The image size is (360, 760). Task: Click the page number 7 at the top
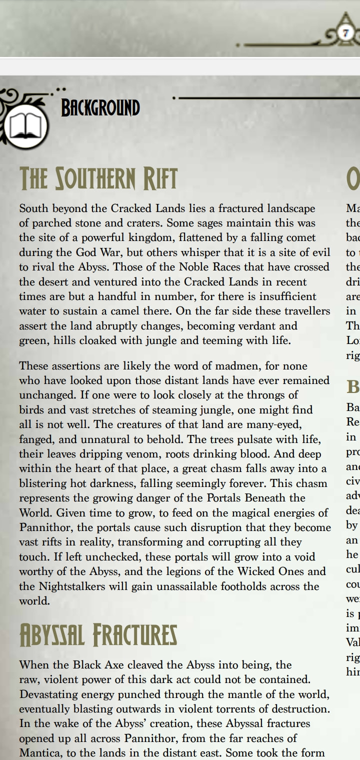(346, 32)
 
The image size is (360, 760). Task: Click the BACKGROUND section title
(100, 108)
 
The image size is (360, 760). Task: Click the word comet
(301, 237)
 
